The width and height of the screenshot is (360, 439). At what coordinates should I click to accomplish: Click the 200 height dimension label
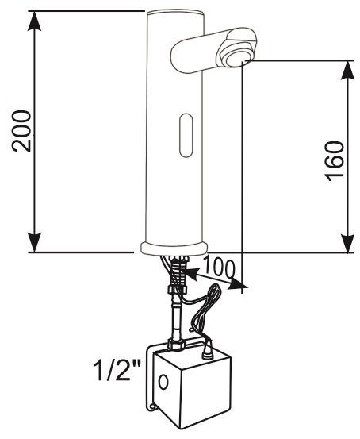21,131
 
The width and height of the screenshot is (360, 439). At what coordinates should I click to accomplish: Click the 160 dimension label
334,161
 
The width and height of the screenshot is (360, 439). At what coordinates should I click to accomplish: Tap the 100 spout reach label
220,268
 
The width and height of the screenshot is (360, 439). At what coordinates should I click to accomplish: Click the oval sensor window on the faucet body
186,135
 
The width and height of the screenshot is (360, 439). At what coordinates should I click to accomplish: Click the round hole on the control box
163,382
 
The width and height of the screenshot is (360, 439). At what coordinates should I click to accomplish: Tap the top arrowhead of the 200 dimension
34,21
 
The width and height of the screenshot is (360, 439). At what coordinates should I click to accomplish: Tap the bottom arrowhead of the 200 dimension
34,242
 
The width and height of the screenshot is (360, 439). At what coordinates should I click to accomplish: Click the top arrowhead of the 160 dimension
347,70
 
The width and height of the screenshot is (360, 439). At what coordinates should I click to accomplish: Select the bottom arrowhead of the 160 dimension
347,243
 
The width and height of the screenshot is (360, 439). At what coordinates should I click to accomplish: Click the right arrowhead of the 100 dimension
239,284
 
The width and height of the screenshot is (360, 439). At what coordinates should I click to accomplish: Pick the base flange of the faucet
174,248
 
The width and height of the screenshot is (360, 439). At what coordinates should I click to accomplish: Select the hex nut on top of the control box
177,344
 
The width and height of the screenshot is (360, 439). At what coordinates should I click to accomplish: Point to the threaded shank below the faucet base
179,270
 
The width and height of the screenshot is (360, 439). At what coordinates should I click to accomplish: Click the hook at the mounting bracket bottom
152,406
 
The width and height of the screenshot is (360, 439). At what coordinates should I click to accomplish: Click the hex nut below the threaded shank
178,289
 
